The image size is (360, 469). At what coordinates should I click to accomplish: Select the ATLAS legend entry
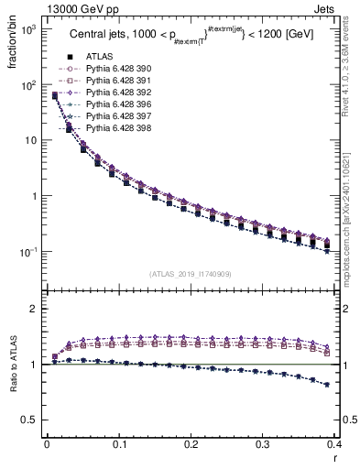pos(96,56)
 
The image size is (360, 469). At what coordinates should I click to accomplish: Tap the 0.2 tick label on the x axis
pos(191,444)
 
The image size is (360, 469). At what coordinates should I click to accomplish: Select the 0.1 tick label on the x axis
pos(118,444)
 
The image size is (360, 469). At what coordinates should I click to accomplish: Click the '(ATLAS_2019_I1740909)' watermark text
pos(191,274)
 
